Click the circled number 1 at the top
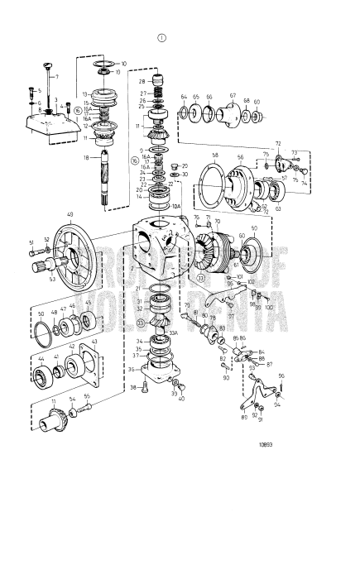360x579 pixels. pyautogui.click(x=162, y=37)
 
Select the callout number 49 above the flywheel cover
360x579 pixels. pyautogui.click(x=70, y=215)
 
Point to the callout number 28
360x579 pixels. pyautogui.click(x=142, y=81)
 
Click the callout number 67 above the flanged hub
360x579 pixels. pyautogui.click(x=233, y=96)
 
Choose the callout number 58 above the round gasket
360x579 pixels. pyautogui.click(x=214, y=155)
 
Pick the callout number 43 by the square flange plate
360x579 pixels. pyautogui.click(x=94, y=342)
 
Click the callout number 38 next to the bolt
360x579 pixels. pyautogui.click(x=132, y=387)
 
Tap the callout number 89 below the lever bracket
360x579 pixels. pyautogui.click(x=243, y=418)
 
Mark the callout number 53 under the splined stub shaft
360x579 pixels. pyautogui.click(x=52, y=280)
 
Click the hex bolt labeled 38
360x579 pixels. pyautogui.click(x=145, y=387)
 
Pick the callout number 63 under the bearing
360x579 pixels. pyautogui.click(x=278, y=209)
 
